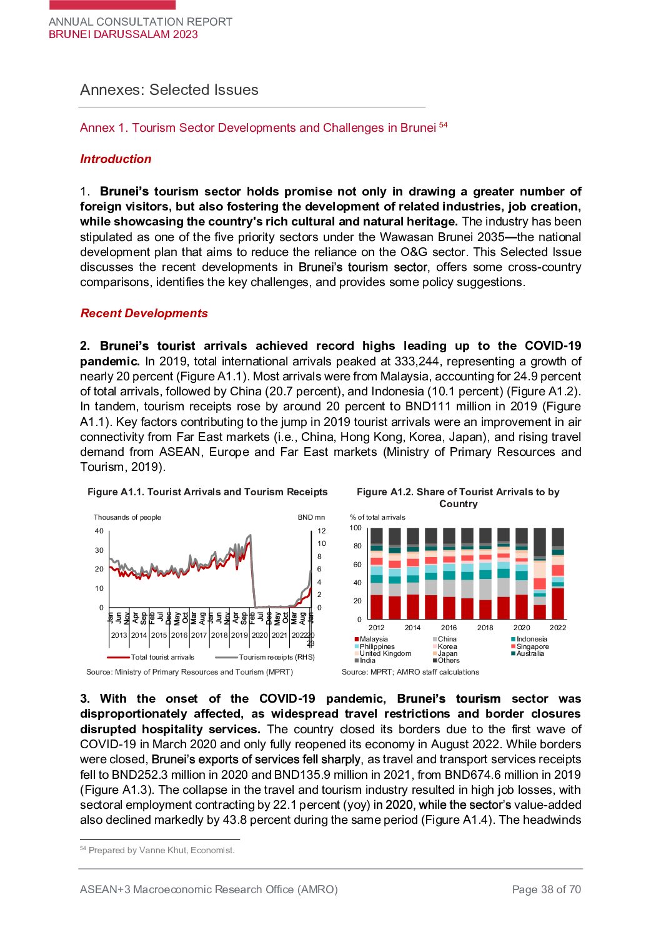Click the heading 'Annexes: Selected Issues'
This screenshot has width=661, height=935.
(169, 90)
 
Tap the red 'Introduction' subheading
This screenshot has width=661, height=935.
(116, 159)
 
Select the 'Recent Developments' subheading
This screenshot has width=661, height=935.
(144, 314)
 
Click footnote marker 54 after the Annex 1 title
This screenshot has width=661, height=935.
(443, 125)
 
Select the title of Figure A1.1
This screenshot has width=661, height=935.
(207, 492)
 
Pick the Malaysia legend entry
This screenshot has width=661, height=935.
(373, 639)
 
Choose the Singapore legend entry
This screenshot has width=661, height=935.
(532, 646)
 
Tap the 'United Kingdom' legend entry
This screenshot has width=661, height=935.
(385, 653)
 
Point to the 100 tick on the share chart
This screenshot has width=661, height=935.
(355, 528)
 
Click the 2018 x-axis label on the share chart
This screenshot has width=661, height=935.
(485, 628)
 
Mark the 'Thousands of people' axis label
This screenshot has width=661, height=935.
(127, 517)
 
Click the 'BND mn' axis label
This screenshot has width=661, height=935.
(311, 517)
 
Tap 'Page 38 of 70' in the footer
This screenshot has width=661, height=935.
(546, 889)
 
